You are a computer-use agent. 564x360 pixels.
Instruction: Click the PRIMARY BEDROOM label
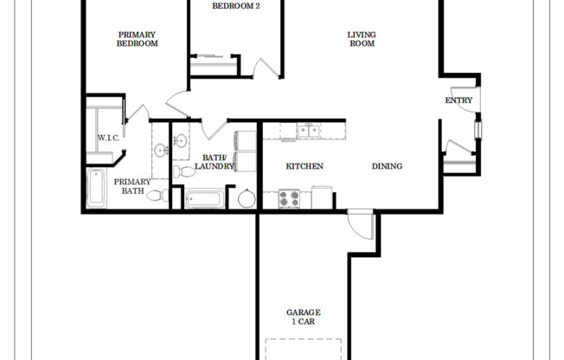(138, 39)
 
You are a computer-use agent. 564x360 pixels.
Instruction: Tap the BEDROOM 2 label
(236, 5)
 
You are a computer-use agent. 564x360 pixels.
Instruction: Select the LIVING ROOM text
(362, 39)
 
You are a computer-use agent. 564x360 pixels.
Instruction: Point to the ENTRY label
(458, 100)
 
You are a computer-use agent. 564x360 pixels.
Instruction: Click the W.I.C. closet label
(108, 138)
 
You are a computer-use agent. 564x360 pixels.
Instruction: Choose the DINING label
(387, 166)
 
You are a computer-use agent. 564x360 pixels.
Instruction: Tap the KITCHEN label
(304, 166)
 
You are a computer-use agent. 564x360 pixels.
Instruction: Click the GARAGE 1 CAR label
(304, 317)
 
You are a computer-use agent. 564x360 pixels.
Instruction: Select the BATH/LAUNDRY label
(215, 161)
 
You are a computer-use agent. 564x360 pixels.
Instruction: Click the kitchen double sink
(308, 132)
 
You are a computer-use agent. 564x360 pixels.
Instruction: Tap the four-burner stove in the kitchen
(288, 199)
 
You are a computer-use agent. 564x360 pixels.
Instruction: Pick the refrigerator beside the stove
(322, 199)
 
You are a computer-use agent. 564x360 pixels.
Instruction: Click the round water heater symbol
(247, 199)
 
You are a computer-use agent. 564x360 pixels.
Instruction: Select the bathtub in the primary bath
(95, 189)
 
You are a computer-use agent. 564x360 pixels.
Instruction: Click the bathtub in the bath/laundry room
(205, 199)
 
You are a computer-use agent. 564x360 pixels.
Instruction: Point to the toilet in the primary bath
(156, 196)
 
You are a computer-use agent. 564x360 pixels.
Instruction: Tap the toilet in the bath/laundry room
(181, 172)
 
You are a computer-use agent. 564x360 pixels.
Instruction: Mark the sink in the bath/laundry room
(181, 140)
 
